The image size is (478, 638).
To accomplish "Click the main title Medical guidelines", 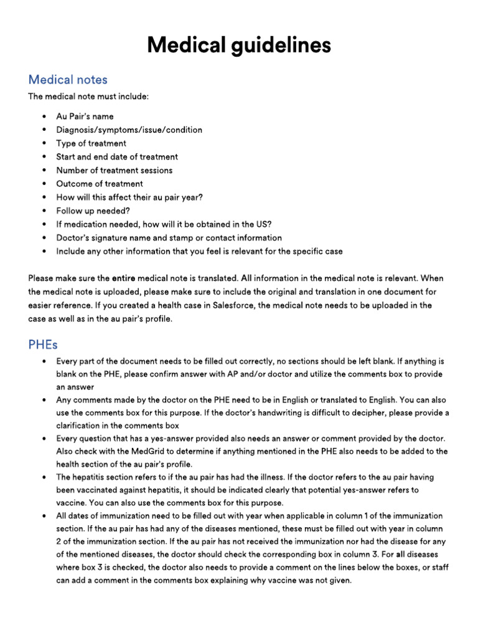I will [x=239, y=45].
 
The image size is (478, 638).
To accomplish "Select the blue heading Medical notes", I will [x=68, y=80].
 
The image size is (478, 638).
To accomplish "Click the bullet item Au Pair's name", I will [x=85, y=117].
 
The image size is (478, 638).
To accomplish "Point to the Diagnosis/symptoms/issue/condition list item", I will [x=129, y=130].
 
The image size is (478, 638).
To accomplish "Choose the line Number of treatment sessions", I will [x=115, y=170].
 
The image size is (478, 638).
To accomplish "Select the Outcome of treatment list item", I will [x=100, y=184].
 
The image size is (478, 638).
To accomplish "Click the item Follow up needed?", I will [x=93, y=211].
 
